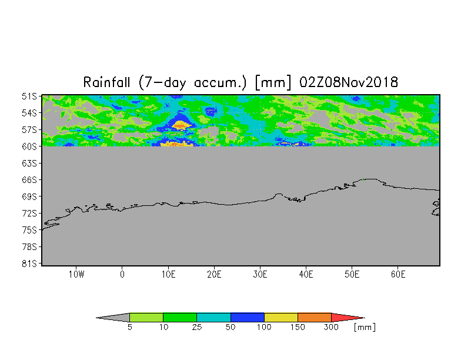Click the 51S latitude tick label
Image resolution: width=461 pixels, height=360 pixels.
coord(29,96)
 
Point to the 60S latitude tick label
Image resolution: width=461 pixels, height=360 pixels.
coord(29,146)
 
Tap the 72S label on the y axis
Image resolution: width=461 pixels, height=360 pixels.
coord(29,213)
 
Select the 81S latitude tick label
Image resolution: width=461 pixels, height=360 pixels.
coord(29,264)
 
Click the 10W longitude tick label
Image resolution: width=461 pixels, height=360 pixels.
coord(76,274)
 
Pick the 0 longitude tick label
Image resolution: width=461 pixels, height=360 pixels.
coord(122,274)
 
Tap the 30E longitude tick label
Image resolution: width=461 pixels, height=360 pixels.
coord(260,274)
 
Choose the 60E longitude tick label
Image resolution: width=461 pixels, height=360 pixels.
coord(398,274)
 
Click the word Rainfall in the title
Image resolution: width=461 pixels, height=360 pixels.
coord(106,82)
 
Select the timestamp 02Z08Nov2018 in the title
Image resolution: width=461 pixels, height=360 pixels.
coord(349,82)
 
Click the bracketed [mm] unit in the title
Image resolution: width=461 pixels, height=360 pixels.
coord(273,82)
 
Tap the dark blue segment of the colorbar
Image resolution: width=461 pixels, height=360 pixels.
coord(247,318)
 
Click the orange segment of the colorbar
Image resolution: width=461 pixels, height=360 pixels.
coord(315,318)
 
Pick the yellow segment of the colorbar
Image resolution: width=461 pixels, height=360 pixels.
coord(281,318)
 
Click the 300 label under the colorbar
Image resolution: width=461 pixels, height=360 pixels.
coord(332,327)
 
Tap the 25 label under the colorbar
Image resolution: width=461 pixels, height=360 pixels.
coord(196,327)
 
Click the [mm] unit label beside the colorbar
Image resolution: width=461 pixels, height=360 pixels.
coord(365,327)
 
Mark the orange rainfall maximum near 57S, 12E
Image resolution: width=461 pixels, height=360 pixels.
coord(180,126)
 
